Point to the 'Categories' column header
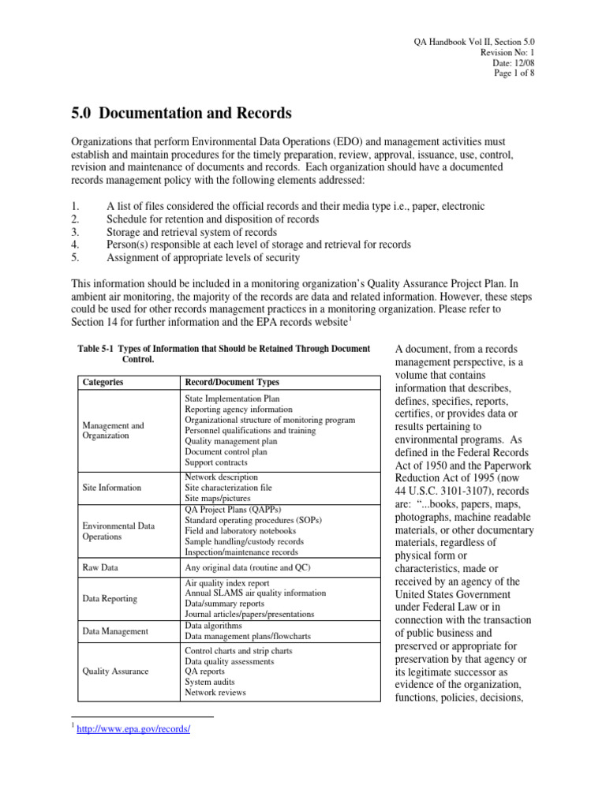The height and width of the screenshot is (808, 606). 103,382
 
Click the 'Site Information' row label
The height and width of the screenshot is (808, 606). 112,488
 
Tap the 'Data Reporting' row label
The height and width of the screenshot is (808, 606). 110,598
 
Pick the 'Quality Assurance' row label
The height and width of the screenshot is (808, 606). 115,671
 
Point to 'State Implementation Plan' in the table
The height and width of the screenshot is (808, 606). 232,399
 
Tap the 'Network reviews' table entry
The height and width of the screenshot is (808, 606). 215,692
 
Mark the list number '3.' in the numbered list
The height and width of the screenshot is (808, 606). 75,232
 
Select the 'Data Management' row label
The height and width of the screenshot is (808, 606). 115,630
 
